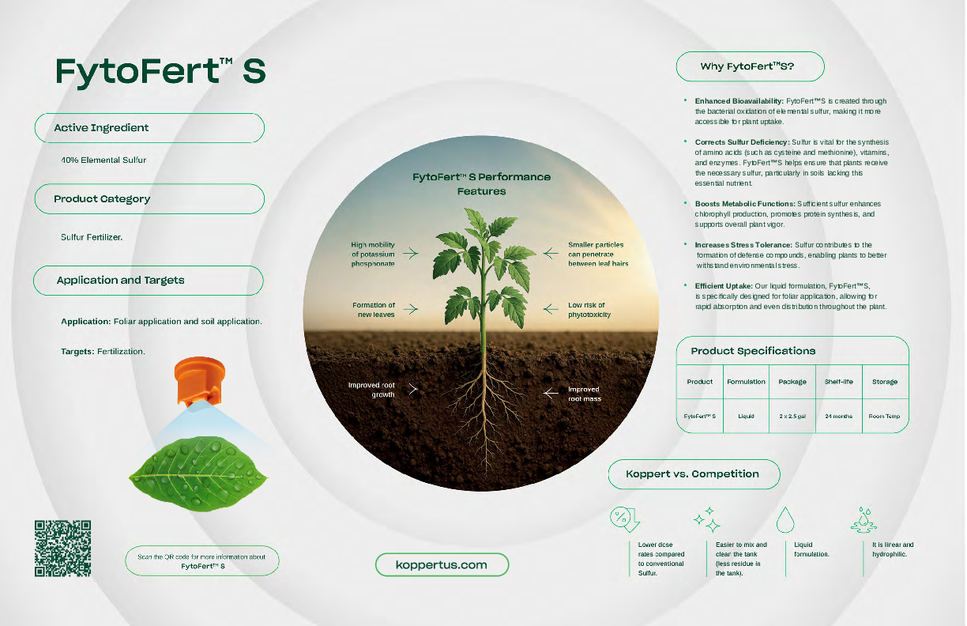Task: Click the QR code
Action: (x=62, y=548)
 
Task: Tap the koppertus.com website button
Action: (x=442, y=564)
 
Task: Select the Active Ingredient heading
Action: (x=101, y=127)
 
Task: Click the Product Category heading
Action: (x=102, y=199)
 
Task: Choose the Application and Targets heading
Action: (x=120, y=281)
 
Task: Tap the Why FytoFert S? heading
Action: (x=747, y=66)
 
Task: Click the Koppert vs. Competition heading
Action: (x=692, y=474)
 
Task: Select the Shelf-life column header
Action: (x=838, y=382)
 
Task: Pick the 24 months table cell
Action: (x=838, y=416)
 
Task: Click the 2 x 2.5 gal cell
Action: (x=792, y=416)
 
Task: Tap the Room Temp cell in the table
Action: (x=884, y=416)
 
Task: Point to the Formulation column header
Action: (x=746, y=382)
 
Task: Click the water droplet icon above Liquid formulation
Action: (x=785, y=519)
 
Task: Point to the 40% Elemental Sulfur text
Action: (x=103, y=160)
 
